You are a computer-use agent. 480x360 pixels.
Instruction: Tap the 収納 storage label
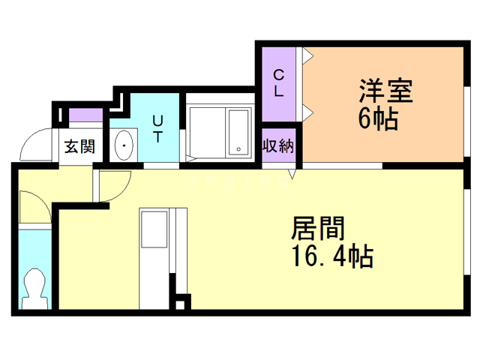(x=277, y=146)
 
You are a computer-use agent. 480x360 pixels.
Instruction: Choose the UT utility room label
(x=159, y=128)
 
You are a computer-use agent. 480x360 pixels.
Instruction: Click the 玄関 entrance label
(x=78, y=146)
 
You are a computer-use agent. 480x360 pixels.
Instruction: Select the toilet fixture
(x=33, y=285)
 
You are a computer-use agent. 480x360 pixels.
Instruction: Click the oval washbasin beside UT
(x=123, y=145)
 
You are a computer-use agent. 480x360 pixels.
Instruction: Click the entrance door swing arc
(x=34, y=146)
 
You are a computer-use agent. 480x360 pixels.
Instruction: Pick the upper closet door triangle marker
(x=307, y=55)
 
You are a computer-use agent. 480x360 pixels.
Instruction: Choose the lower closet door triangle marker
(x=307, y=112)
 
